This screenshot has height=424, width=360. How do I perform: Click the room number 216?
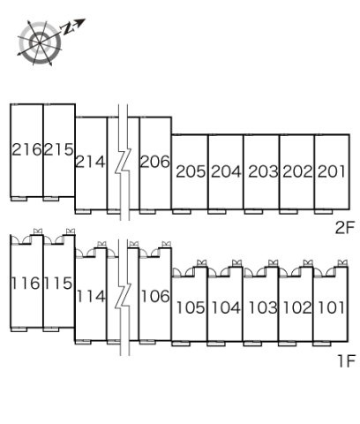[x=26, y=149]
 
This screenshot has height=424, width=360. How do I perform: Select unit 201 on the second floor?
[x=331, y=171]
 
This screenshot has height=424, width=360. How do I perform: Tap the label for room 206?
[x=154, y=162]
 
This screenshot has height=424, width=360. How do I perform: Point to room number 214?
[x=90, y=162]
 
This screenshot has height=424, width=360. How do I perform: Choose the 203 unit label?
[x=263, y=171]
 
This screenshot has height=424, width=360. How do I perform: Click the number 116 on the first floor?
[x=26, y=284]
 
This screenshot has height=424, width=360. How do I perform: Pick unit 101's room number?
[x=332, y=307]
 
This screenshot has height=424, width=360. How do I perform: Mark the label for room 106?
[x=155, y=296]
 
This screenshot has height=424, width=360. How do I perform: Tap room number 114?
[x=91, y=296]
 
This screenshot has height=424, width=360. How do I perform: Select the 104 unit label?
[x=226, y=307]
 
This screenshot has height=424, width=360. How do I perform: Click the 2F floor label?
[x=345, y=227]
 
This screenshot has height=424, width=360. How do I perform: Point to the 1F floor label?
[x=347, y=361]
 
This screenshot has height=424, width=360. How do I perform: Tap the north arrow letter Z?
[x=67, y=29]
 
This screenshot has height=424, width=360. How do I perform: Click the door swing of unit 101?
[x=319, y=273]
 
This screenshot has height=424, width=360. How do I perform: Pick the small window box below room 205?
[x=182, y=212]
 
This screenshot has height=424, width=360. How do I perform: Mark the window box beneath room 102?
[x=288, y=344]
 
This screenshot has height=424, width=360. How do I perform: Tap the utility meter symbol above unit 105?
[x=202, y=262]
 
